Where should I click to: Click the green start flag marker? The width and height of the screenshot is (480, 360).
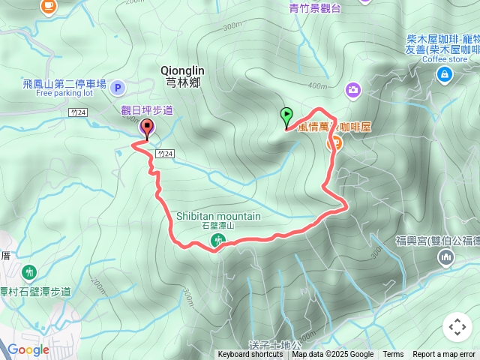tap(286, 116)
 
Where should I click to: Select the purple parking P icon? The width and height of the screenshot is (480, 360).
tap(117, 88)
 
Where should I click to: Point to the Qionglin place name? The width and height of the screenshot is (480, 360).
tap(181, 70)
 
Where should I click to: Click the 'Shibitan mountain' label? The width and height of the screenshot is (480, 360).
tap(218, 216)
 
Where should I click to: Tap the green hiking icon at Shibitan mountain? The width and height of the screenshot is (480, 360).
tap(217, 240)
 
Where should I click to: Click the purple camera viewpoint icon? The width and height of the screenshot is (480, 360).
tap(352, 90)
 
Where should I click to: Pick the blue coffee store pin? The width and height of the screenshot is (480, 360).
tap(444, 73)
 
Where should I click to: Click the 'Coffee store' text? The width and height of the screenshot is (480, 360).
tap(444, 59)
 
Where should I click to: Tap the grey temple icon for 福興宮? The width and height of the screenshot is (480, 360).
tap(446, 258)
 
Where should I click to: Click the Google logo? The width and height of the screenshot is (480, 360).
tap(28, 349)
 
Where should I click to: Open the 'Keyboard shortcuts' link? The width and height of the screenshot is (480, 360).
tap(250, 355)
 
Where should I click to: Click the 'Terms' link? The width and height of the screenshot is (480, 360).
tap(393, 355)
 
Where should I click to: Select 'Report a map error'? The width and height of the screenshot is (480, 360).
tap(445, 355)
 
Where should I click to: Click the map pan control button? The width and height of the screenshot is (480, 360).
tap(457, 327)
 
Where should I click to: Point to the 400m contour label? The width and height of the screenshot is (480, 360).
tap(317, 85)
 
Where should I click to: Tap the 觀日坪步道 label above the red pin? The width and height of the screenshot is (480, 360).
tap(147, 110)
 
